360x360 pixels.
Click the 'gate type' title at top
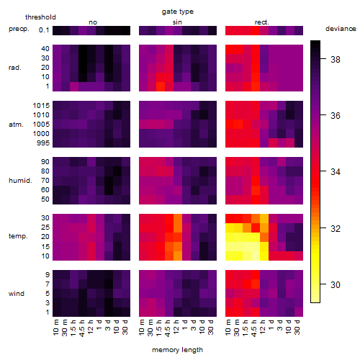click(178, 12)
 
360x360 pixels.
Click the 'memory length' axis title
click(177, 350)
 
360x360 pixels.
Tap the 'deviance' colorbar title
click(341, 29)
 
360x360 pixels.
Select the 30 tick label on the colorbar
click(336, 284)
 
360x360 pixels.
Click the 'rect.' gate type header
click(261, 22)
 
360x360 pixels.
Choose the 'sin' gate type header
click(177, 22)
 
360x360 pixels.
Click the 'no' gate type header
click(93, 22)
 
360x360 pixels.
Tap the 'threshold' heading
click(40, 17)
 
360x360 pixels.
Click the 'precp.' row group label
click(19, 29)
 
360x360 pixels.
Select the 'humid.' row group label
click(20, 181)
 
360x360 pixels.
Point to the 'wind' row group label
click(17, 294)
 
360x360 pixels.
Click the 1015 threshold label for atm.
click(41, 105)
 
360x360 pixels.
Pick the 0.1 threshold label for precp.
click(44, 30)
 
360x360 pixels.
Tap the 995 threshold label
click(43, 143)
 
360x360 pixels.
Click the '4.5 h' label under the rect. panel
click(253, 328)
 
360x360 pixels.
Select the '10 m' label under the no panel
click(56, 328)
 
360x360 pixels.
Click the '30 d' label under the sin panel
click(210, 328)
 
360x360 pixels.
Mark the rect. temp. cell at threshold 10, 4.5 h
click(256, 256)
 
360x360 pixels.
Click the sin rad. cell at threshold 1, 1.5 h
click(161, 86)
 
